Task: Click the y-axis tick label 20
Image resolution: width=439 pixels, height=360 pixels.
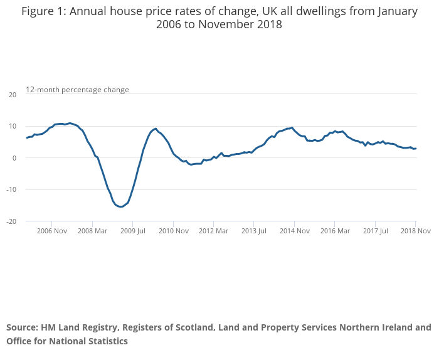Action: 13,95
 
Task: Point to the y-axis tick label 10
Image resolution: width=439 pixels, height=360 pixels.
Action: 13,126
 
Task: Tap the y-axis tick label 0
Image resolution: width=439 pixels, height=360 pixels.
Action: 14,158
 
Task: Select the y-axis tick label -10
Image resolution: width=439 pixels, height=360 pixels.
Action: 11,189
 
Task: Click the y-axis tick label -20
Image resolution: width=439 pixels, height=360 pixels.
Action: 11,221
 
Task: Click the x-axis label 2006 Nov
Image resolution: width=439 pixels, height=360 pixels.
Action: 52,231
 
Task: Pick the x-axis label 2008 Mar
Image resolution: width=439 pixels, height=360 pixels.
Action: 92,231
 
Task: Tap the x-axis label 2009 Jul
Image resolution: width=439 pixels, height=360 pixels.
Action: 132,231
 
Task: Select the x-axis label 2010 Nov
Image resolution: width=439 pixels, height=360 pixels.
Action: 173,231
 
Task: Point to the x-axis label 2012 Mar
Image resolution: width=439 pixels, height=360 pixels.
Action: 213,231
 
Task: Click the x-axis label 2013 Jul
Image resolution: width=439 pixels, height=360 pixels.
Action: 253,231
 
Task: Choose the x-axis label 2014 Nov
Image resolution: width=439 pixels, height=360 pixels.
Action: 294,231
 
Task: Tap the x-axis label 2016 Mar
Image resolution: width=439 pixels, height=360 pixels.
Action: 334,231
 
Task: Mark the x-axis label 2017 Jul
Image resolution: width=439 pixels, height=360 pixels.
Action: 375,231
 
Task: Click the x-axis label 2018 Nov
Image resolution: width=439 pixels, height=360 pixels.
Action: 415,231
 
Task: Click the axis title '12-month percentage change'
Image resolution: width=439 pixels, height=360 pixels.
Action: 77,90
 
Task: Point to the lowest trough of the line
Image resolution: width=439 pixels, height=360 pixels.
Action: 121,206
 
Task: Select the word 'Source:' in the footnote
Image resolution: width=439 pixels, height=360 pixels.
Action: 22,327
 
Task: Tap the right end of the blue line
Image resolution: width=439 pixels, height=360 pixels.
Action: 416,149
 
